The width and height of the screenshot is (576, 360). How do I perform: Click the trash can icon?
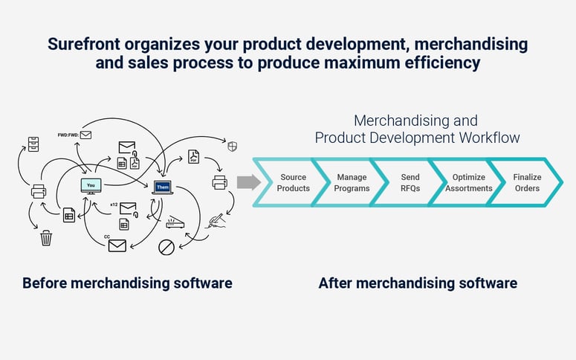46,238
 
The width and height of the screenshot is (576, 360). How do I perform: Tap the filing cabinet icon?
33,144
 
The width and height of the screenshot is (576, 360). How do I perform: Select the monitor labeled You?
91,186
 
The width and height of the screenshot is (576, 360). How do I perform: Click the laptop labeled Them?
163,187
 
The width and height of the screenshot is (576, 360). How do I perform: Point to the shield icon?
232,147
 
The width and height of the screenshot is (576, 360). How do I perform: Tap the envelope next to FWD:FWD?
85,135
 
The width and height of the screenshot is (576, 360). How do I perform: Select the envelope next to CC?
117,244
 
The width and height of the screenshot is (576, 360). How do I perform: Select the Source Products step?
294,183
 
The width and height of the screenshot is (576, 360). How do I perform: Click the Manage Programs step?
352,183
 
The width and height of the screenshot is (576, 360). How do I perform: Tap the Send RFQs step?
410,183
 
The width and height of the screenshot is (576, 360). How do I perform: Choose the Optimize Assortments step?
469,183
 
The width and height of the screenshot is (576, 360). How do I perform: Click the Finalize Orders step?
527,183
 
